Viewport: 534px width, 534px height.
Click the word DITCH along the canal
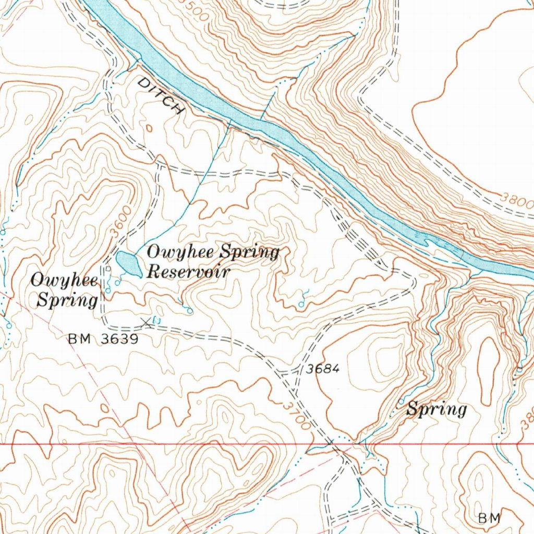(x=161, y=96)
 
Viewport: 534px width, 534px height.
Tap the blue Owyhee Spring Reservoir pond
(x=128, y=264)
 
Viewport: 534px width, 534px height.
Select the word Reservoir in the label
(x=189, y=271)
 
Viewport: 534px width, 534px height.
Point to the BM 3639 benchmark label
(x=103, y=339)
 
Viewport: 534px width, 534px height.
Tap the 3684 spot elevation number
(x=323, y=369)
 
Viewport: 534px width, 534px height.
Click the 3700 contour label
(x=297, y=415)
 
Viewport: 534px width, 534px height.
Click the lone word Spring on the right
(x=436, y=409)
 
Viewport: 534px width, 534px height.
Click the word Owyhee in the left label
(x=64, y=281)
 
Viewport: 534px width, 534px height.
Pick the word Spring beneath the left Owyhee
(x=67, y=301)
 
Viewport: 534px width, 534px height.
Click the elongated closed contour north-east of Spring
(x=489, y=370)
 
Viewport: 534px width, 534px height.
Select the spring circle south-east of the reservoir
(x=190, y=311)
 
